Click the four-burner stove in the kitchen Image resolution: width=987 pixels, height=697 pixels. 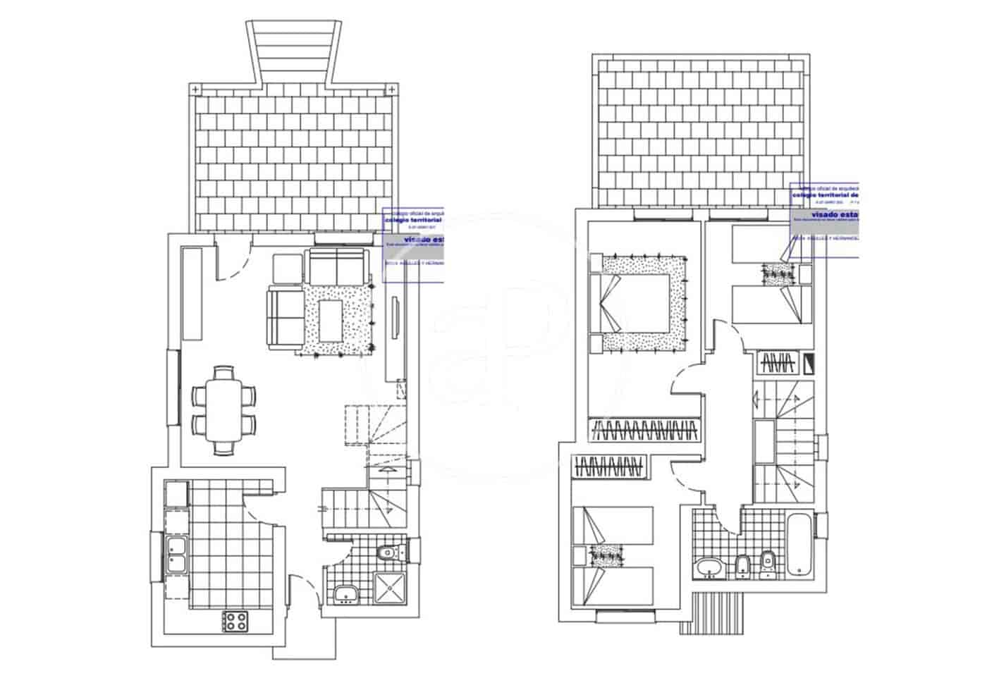(x=236, y=621)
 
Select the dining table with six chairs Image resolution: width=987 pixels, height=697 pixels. (x=223, y=409)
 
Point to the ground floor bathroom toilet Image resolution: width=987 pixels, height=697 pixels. (x=386, y=552)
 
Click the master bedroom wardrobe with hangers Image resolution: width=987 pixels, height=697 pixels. (x=645, y=429)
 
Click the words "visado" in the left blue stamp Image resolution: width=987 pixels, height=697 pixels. (x=417, y=240)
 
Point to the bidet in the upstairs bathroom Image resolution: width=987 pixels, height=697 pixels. (x=742, y=565)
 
